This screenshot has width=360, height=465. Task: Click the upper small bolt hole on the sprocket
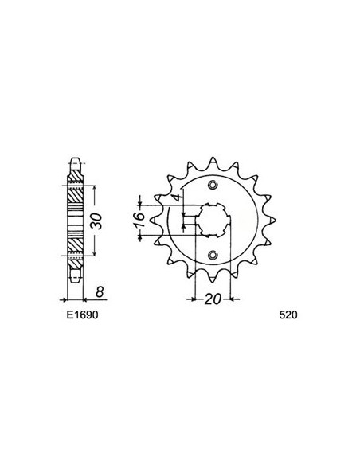point(212,186)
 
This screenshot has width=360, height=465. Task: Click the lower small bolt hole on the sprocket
point(212,255)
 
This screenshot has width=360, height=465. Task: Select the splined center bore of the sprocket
point(212,220)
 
